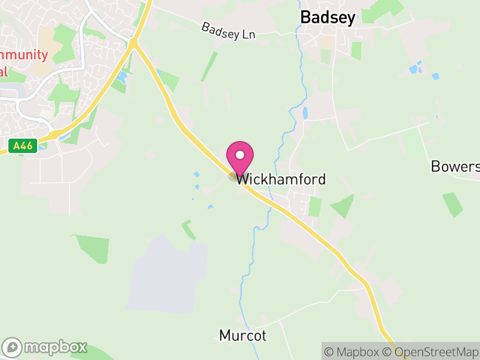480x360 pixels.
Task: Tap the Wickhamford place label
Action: (281, 179)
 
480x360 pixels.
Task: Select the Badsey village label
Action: (328, 18)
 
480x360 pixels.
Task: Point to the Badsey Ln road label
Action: (228, 31)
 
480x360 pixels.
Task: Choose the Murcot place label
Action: (242, 335)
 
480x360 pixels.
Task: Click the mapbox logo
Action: (46, 347)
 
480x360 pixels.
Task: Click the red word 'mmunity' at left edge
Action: (24, 55)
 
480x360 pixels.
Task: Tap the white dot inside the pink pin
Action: (240, 155)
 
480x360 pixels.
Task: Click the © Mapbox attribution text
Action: (353, 352)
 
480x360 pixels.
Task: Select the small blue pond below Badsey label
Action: (305, 113)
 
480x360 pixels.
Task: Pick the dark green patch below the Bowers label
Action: (453, 204)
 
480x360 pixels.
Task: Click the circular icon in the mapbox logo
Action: (13, 347)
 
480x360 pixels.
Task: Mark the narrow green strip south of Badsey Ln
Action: (209, 67)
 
